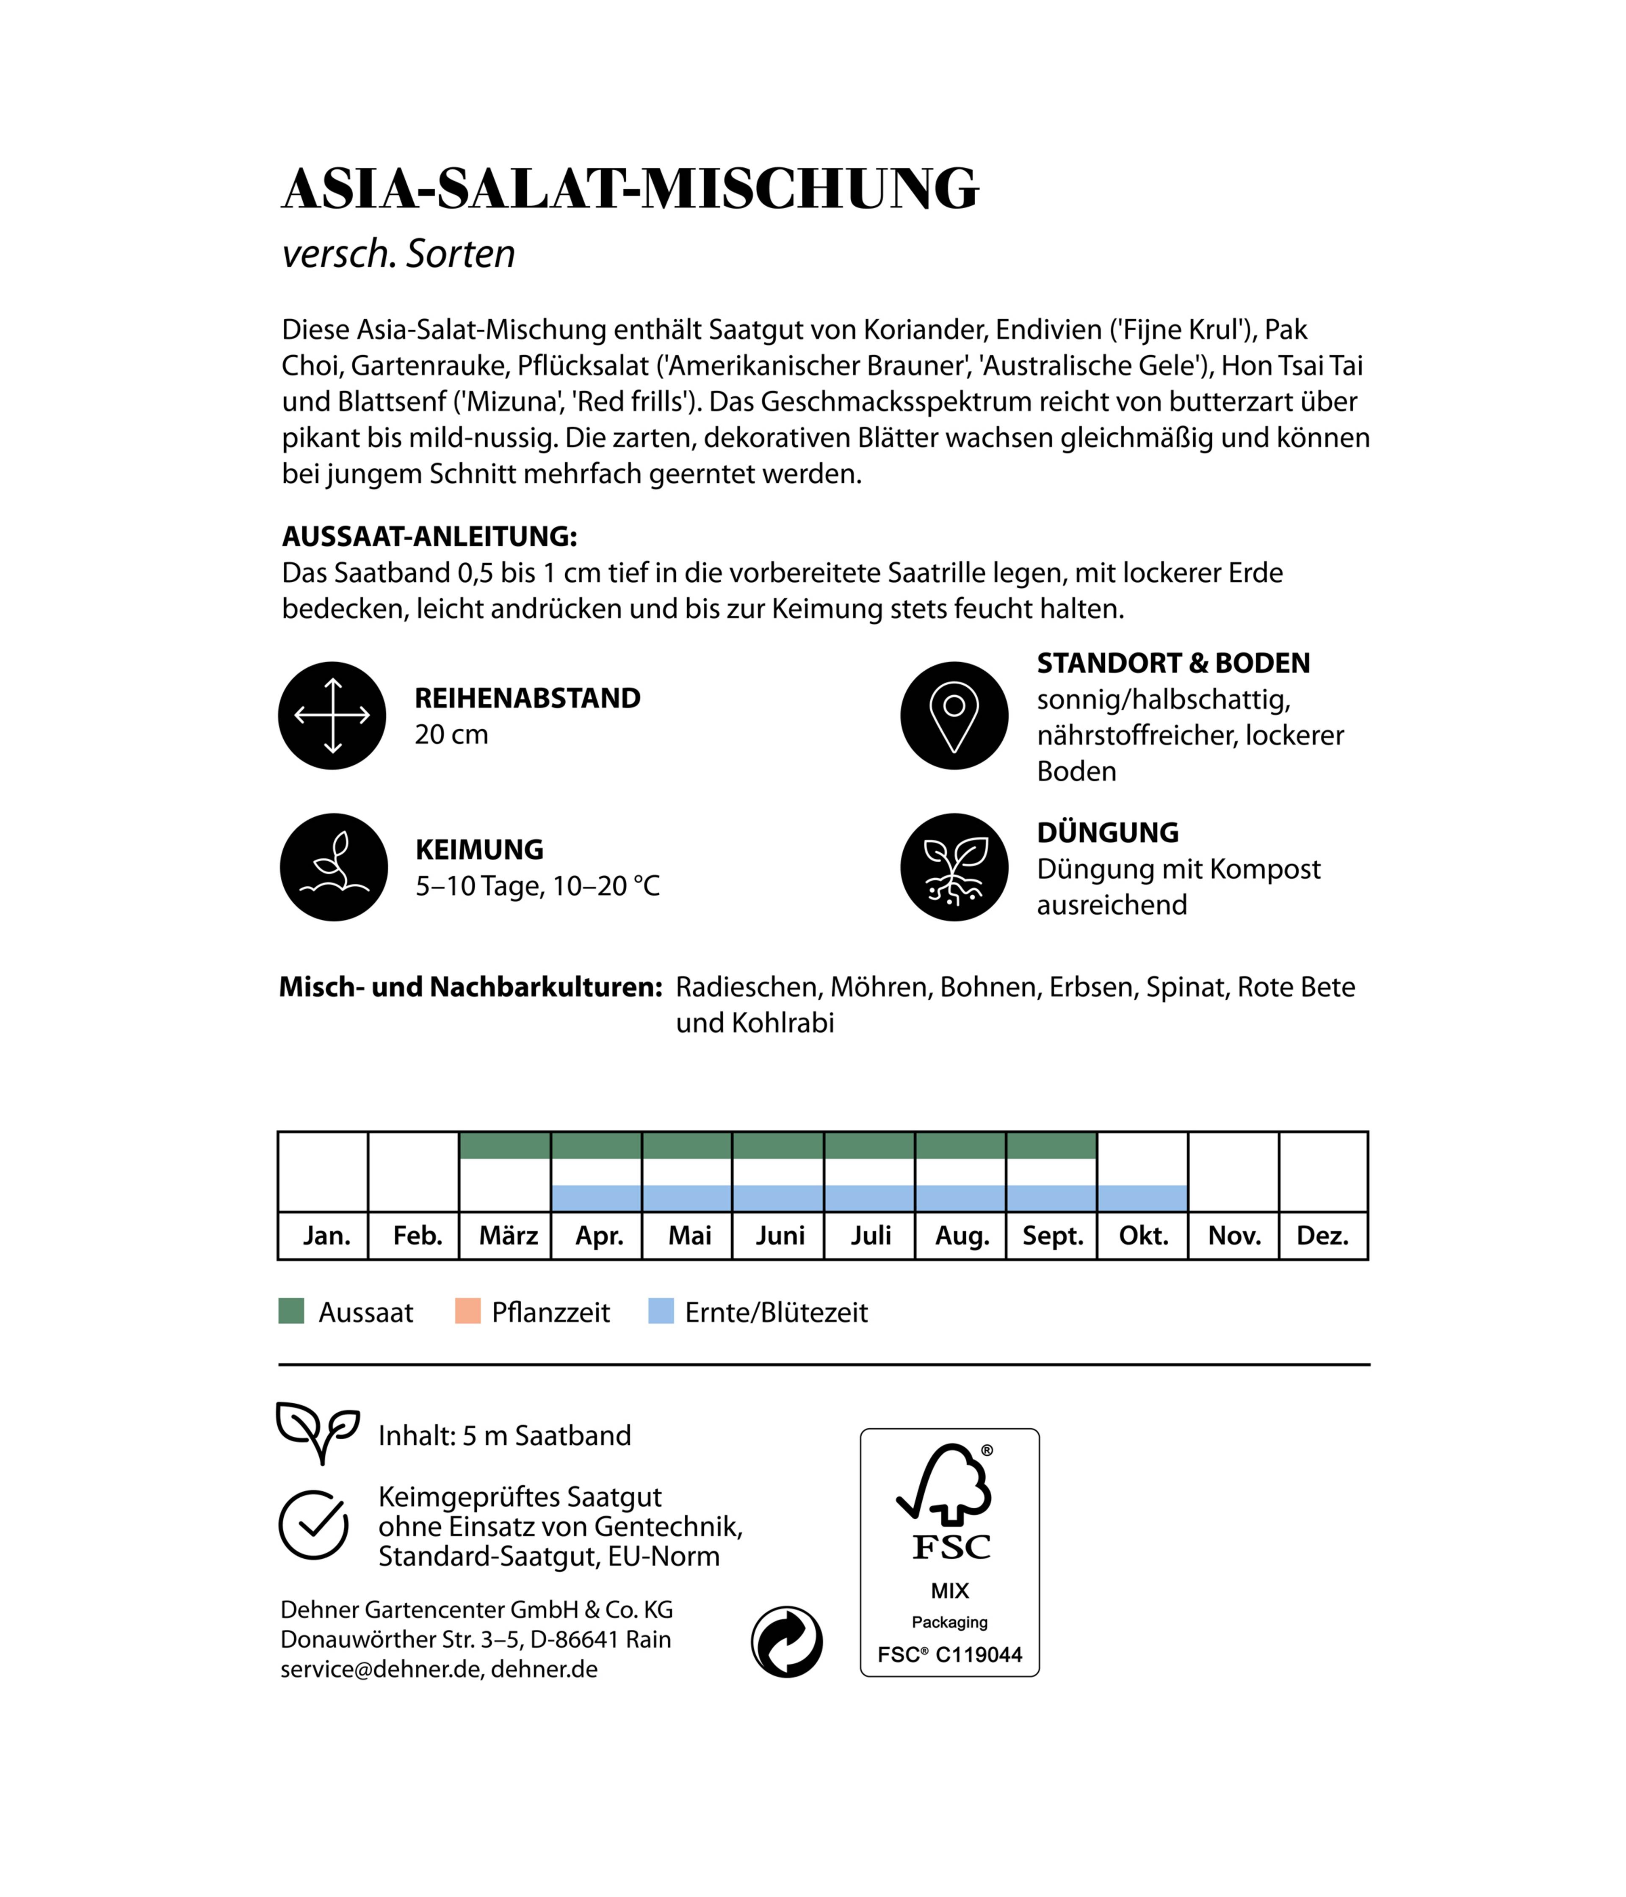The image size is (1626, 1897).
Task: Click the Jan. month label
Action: point(326,1236)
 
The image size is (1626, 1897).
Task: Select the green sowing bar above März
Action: point(504,1145)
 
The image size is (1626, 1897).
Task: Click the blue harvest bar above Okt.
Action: point(1142,1197)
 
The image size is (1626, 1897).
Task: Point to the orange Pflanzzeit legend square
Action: point(468,1311)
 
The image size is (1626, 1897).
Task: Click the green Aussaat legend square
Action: point(291,1311)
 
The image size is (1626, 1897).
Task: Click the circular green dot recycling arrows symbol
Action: point(786,1642)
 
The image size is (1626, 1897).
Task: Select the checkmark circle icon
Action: point(313,1525)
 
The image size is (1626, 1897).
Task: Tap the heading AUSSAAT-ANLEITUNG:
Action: point(429,536)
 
